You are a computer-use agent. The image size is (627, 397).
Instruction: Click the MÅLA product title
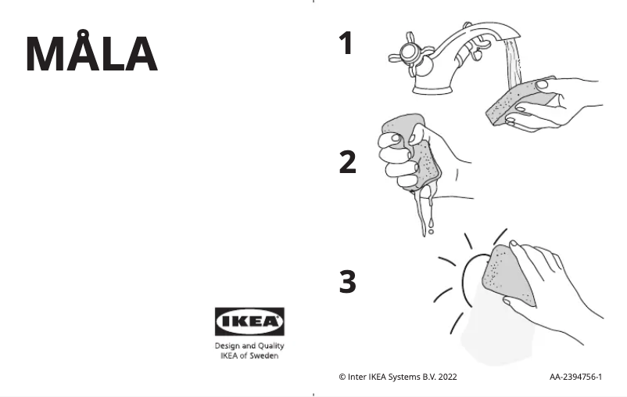91,54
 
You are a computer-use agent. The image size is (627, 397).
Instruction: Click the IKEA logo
249,321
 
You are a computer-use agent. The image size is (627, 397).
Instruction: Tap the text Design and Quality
249,345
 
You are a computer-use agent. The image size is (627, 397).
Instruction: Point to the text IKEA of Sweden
249,355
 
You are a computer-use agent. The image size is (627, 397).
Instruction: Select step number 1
346,44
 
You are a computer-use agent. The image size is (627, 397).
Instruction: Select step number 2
347,163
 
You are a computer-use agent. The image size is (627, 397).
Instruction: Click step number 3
347,282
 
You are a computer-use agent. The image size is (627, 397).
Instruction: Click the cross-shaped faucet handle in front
407,53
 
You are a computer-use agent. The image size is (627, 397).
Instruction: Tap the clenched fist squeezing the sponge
399,157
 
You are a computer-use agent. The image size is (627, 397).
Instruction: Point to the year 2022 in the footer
448,377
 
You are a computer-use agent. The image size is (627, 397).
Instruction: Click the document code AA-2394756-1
575,377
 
